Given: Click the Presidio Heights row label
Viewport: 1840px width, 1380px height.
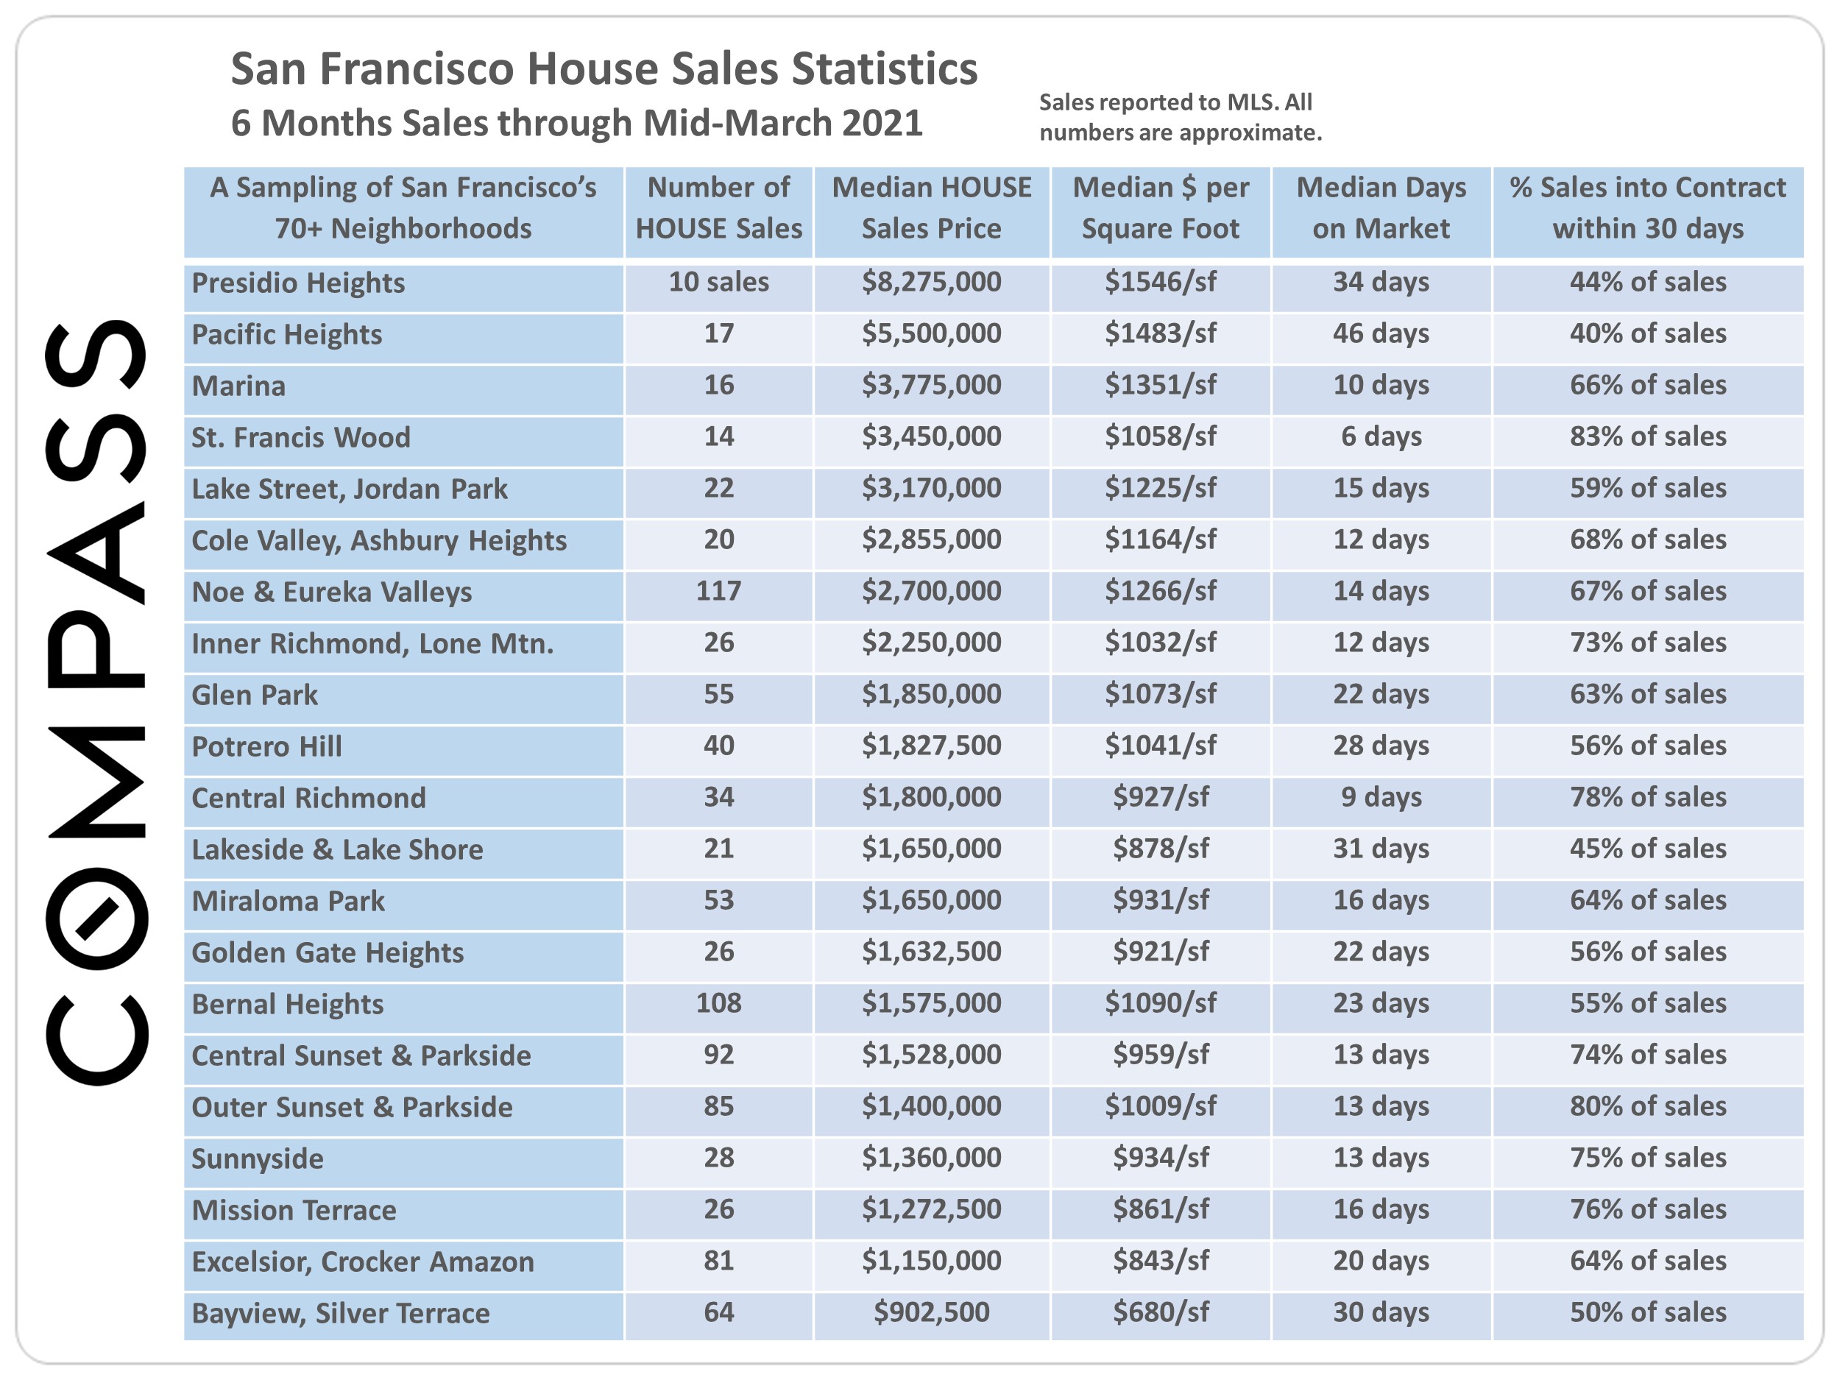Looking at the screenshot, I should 298,283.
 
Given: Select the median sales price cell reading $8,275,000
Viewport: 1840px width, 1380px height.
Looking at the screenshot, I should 931,282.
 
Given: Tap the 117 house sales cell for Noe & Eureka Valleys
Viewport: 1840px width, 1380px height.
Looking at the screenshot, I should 718,592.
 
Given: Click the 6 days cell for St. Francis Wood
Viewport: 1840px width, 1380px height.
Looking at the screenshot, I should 1380,436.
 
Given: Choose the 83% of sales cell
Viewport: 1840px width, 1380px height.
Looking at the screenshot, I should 1647,436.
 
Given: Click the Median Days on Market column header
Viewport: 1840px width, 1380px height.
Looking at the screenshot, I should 1380,208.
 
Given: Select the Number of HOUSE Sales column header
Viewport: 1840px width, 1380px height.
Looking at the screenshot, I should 718,208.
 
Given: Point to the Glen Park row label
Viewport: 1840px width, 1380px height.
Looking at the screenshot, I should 255,695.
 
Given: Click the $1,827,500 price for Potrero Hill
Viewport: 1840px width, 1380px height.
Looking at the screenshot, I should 931,746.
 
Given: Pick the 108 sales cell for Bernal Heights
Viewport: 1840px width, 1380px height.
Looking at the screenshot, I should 718,1003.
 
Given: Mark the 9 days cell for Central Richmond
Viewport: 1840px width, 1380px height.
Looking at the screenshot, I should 1380,797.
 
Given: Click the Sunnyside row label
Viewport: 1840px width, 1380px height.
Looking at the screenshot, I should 257,1158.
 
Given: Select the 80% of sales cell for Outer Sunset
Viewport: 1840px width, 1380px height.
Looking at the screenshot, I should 1647,1106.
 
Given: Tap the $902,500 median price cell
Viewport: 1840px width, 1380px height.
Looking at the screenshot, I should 931,1312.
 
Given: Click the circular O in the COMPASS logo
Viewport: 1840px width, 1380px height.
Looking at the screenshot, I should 97,918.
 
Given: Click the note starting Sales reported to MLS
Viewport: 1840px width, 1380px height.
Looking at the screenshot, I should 1180,117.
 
